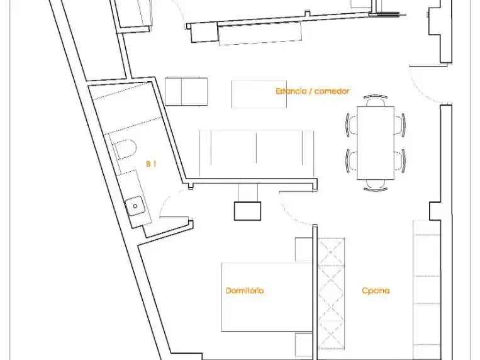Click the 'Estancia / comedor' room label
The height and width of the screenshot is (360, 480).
pyautogui.click(x=312, y=91)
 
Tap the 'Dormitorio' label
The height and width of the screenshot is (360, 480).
pyautogui.click(x=245, y=290)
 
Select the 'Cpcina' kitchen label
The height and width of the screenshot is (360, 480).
pyautogui.click(x=376, y=290)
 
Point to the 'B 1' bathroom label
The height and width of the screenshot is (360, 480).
pyautogui.click(x=151, y=164)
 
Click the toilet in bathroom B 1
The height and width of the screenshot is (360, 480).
pyautogui.click(x=125, y=149)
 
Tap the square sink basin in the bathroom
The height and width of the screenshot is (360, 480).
pyautogui.click(x=135, y=206)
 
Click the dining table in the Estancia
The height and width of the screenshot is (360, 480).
pyautogui.click(x=376, y=143)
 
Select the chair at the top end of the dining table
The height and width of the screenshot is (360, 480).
pyautogui.click(x=376, y=101)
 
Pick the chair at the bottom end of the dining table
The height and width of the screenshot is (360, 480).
pyautogui.click(x=376, y=186)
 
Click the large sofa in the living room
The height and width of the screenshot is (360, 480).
pyautogui.click(x=257, y=154)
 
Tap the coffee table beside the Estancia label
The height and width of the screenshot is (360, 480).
pyautogui.click(x=259, y=94)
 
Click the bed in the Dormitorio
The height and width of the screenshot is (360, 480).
pyautogui.click(x=267, y=297)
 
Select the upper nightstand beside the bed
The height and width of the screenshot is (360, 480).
pyautogui.click(x=304, y=249)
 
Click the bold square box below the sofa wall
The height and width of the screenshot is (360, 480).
pyautogui.click(x=248, y=211)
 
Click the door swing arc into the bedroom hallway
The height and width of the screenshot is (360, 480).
pyautogui.click(x=291, y=212)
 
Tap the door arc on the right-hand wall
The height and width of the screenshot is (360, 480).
pyautogui.click(x=421, y=88)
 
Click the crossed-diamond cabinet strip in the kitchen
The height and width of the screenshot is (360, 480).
pyautogui.click(x=332, y=293)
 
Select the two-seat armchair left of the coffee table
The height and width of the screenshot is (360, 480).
pyautogui.click(x=186, y=92)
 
